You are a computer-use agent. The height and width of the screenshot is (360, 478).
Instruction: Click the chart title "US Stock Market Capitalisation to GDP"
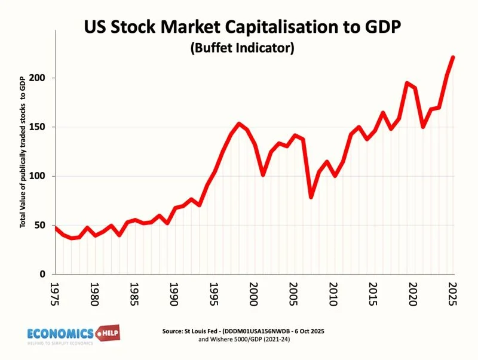click(242, 28)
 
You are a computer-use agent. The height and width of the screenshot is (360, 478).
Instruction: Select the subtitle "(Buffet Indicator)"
click(242, 48)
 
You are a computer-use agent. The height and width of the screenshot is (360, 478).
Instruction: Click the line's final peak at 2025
click(452, 57)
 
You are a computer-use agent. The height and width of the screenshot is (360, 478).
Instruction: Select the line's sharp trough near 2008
click(311, 196)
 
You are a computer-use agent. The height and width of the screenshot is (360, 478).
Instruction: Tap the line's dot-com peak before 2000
click(238, 124)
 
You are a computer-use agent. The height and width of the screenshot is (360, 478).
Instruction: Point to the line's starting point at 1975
click(56, 227)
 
